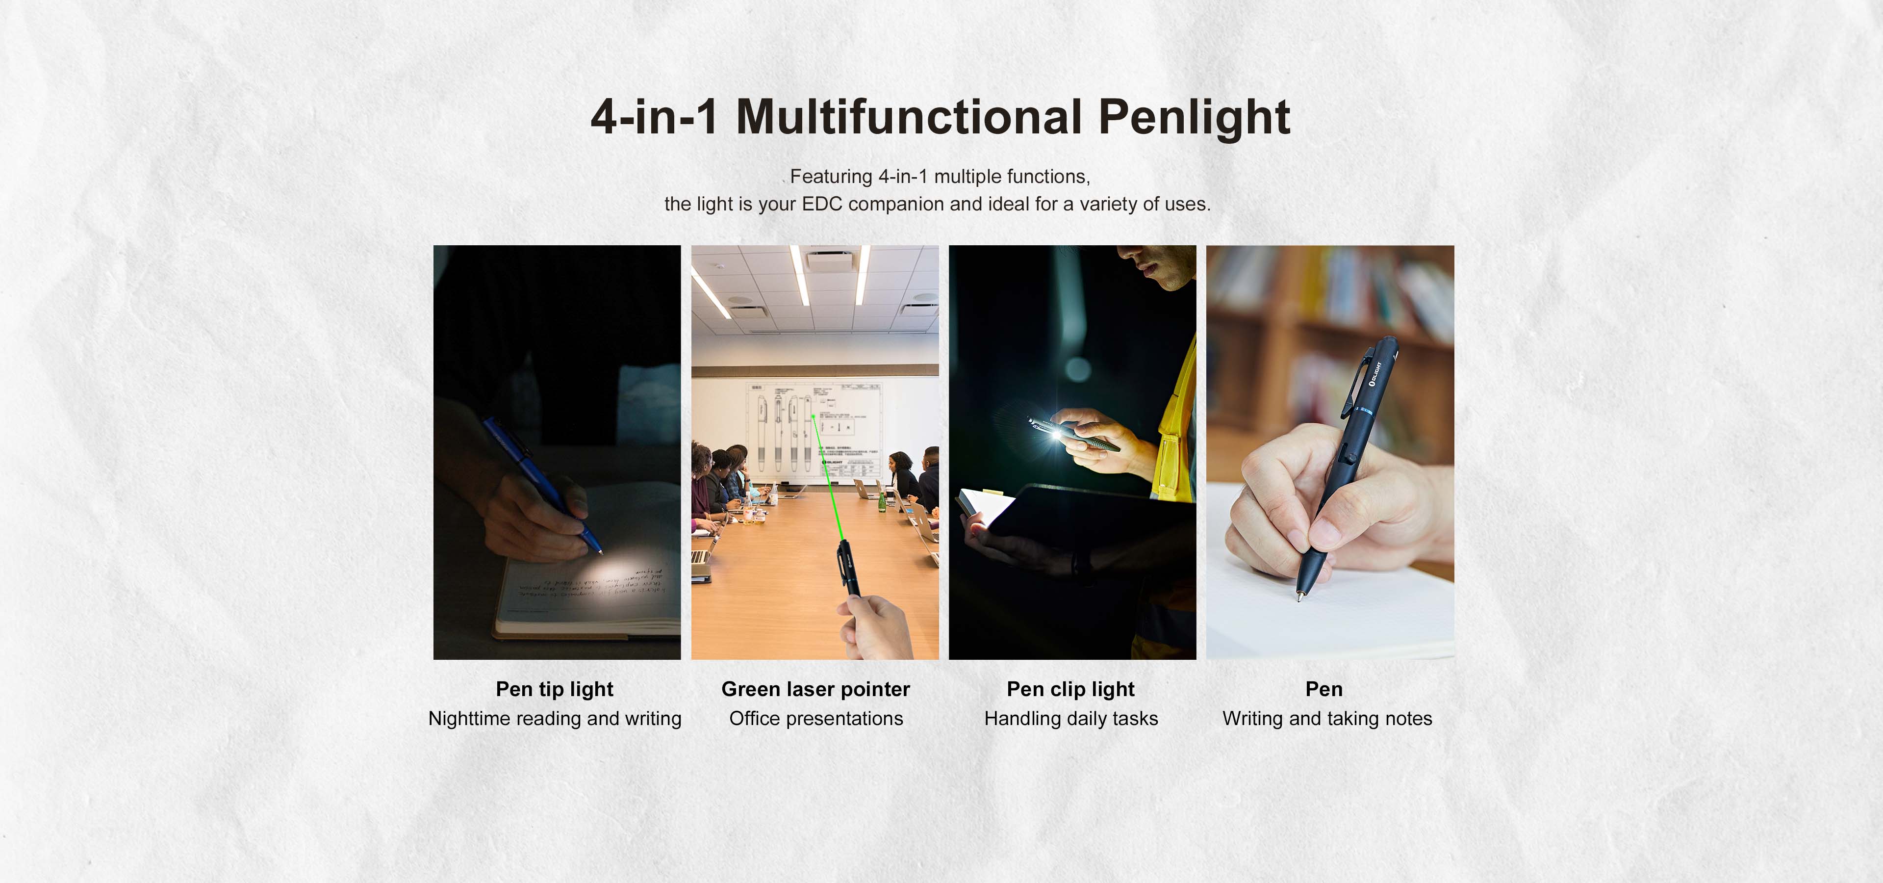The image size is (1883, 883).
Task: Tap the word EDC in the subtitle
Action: click(822, 204)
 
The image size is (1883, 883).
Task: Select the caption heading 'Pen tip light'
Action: click(554, 689)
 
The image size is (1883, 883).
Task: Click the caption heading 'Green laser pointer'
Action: click(815, 689)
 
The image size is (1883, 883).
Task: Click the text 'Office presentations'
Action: click(816, 719)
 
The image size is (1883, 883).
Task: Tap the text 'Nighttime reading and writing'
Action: click(554, 719)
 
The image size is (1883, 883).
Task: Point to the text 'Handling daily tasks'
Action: click(1071, 719)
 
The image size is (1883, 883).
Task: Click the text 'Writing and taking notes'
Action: click(1327, 719)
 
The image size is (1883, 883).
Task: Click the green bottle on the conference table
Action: click(882, 501)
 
